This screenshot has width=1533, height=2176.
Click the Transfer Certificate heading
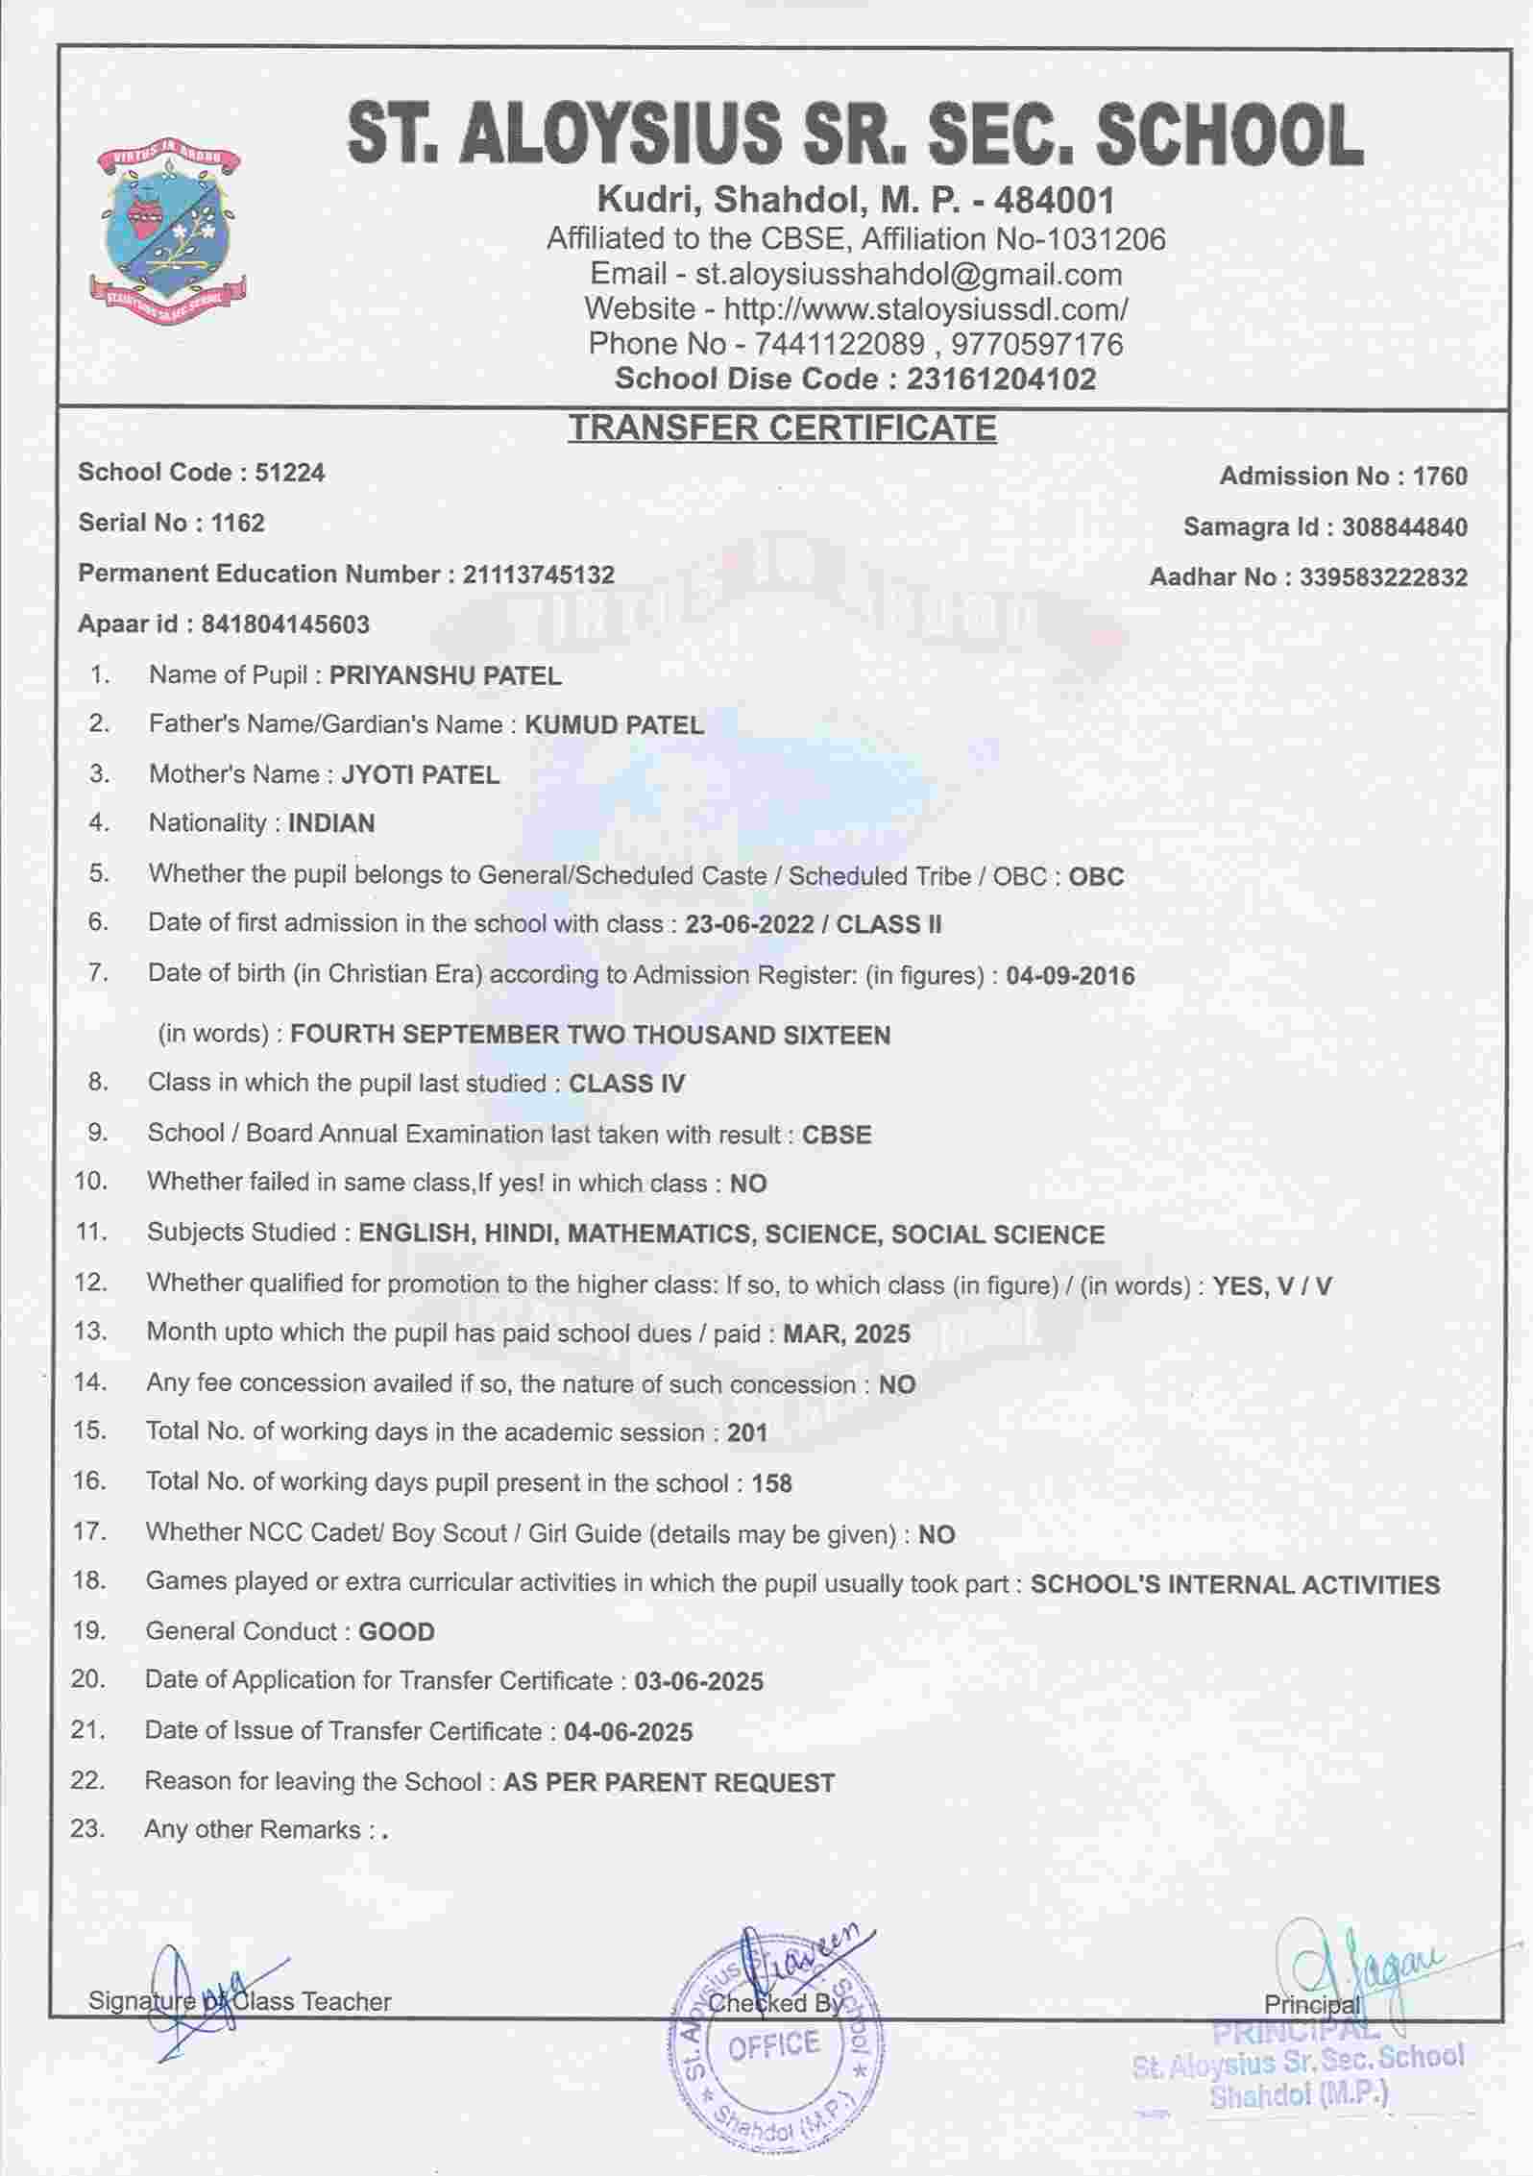tap(782, 428)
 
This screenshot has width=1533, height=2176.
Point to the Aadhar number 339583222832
tap(1383, 577)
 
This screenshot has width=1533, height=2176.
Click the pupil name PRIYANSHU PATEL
tap(445, 676)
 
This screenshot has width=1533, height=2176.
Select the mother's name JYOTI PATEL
tap(421, 775)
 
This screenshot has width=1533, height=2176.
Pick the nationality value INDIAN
tap(331, 823)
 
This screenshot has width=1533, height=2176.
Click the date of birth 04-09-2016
tap(1070, 976)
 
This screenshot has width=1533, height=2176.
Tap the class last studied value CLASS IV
tap(626, 1084)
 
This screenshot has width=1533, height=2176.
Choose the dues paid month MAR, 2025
tap(846, 1333)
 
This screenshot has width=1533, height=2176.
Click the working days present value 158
tap(771, 1483)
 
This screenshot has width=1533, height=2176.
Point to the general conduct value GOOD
tap(396, 1631)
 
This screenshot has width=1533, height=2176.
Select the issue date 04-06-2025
tap(628, 1731)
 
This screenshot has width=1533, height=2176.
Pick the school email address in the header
tap(909, 275)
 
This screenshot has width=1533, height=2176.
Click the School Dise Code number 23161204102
tap(1000, 379)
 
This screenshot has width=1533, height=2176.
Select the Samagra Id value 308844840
tap(1404, 527)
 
